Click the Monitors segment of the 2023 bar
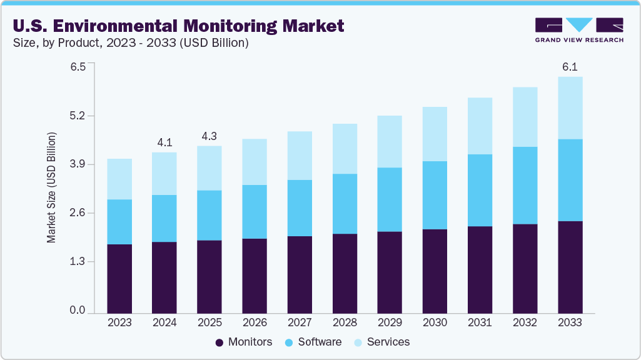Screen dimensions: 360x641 119,278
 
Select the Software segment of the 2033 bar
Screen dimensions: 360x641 570,180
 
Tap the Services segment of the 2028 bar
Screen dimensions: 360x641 345,149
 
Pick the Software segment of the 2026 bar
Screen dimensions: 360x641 255,211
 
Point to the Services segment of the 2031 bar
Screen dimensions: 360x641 480,126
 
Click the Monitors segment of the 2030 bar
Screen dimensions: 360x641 435,271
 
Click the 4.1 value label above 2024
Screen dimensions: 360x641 164,142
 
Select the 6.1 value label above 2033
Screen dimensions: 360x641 570,67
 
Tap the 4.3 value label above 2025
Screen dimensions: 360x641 209,136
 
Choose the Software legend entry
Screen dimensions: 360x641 313,342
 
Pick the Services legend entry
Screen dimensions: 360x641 381,342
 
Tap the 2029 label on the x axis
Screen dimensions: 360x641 390,322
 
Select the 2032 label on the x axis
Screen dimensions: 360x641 525,322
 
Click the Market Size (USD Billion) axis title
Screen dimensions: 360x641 51,187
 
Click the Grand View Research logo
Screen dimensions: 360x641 579,30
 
